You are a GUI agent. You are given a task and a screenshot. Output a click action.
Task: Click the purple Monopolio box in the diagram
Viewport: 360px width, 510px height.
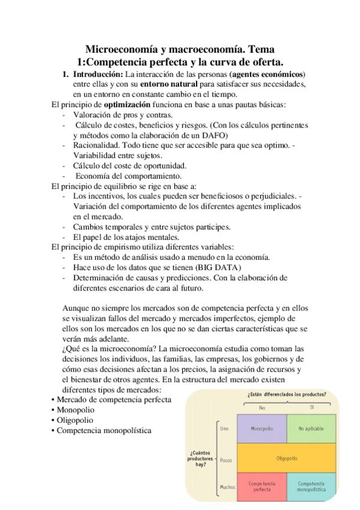(x=261, y=428)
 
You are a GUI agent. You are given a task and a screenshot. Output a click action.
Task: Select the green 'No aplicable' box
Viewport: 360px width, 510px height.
(x=311, y=428)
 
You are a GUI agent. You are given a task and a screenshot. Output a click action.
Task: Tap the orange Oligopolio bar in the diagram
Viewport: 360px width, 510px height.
(x=286, y=458)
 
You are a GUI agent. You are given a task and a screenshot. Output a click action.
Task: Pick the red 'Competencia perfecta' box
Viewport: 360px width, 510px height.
(x=261, y=487)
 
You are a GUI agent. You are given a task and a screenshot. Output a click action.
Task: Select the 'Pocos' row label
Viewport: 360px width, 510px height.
(x=226, y=460)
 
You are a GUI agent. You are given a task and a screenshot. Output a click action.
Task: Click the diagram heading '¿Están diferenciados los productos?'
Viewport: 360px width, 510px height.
(x=287, y=395)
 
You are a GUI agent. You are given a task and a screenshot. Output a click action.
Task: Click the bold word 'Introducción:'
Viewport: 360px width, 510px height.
(x=97, y=74)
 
